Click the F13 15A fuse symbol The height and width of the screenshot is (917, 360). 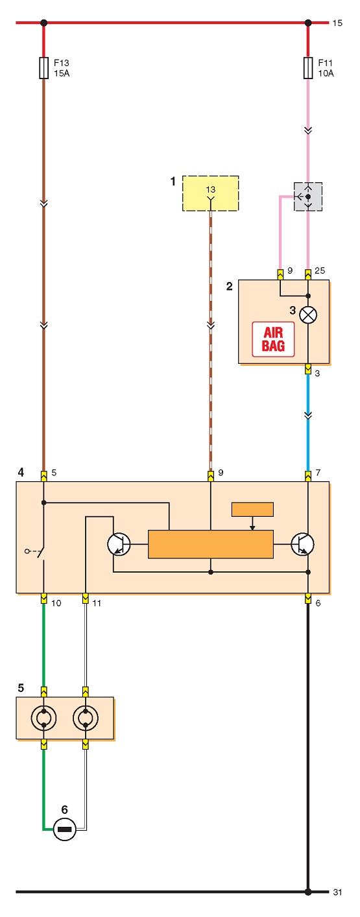tap(44, 67)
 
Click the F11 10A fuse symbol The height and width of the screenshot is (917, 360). tap(308, 67)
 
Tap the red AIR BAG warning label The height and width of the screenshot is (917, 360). tap(273, 339)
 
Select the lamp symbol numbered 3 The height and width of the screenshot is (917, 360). tap(308, 315)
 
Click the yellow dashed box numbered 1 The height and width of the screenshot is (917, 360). tap(211, 193)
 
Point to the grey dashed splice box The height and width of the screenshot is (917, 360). tap(308, 196)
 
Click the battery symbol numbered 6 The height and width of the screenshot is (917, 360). tap(65, 829)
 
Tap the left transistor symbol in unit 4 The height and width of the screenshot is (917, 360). tap(119, 544)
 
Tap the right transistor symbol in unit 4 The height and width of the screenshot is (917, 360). tap(303, 544)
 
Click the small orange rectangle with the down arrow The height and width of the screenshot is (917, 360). tap(252, 509)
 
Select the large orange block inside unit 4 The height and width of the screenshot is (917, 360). tap(211, 544)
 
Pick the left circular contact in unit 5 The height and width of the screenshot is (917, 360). tap(44, 718)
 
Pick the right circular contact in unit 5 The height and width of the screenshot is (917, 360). tap(85, 718)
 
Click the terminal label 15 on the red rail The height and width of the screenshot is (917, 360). tap(337, 23)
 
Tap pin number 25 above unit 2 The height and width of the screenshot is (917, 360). tap(320, 270)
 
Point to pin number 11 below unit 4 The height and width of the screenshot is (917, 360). tap(96, 603)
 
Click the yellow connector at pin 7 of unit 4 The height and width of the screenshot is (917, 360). tap(308, 476)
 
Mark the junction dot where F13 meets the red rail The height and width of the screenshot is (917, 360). tap(44, 23)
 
